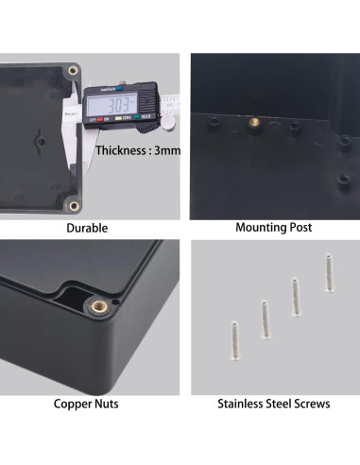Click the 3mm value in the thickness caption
pyautogui.click(x=168, y=150)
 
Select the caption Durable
pyautogui.click(x=87, y=228)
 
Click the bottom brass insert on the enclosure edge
pyautogui.click(x=73, y=204)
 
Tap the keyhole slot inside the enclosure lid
pyautogui.click(x=39, y=141)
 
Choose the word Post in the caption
pyautogui.click(x=300, y=228)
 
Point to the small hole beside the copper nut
pyautogui.click(x=114, y=301)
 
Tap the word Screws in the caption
pyautogui.click(x=313, y=405)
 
